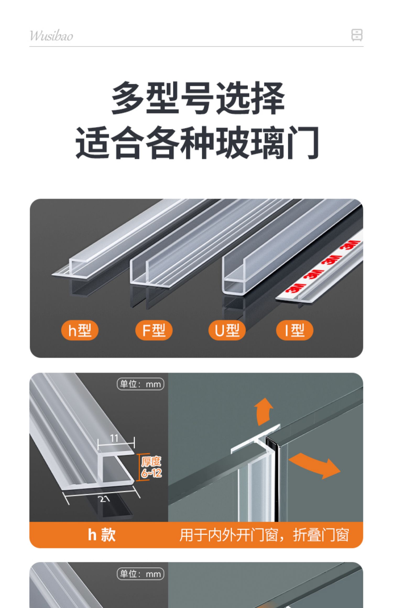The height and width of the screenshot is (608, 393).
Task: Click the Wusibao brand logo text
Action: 51,36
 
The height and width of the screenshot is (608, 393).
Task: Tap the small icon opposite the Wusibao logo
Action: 357,35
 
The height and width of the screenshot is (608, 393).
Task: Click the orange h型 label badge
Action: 80,330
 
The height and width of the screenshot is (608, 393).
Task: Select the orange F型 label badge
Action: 154,330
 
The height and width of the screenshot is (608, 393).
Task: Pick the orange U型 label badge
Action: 227,330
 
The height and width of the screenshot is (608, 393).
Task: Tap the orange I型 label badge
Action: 294,330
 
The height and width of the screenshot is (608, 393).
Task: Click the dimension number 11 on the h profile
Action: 114,438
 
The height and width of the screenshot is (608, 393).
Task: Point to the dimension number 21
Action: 105,499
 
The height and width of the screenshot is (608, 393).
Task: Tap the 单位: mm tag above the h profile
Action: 140,384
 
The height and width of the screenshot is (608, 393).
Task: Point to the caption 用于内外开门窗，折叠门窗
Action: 264,535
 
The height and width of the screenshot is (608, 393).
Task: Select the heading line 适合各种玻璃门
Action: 197,143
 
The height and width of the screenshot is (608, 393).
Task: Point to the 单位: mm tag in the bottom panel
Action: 140,574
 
